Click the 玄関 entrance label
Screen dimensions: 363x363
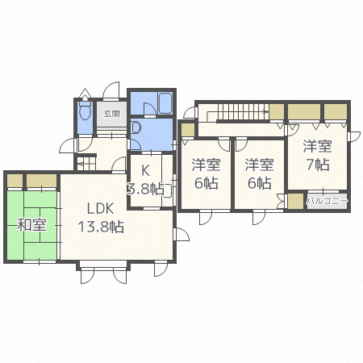coord(112,114)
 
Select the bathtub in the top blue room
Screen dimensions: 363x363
coord(165,103)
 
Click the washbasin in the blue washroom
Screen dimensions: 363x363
coord(136,127)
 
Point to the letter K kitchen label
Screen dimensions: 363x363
coord(145,170)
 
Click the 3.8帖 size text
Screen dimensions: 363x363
coord(145,189)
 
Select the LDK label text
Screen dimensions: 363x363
coord(101,208)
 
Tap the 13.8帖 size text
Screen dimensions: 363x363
coord(101,227)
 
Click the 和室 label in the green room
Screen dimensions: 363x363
coord(31,225)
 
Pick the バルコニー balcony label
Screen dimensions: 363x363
coord(327,201)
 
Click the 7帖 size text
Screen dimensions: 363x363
coord(318,165)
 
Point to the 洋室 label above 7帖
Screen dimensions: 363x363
coord(318,146)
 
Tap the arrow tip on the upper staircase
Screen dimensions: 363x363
coord(268,111)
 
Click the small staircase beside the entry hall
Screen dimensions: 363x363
coord(86,163)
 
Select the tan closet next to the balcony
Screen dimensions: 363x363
coord(295,201)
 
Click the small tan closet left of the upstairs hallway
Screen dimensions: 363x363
coord(188,130)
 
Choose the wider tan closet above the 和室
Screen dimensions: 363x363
coord(41,181)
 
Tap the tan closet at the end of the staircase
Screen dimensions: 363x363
coord(277,111)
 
